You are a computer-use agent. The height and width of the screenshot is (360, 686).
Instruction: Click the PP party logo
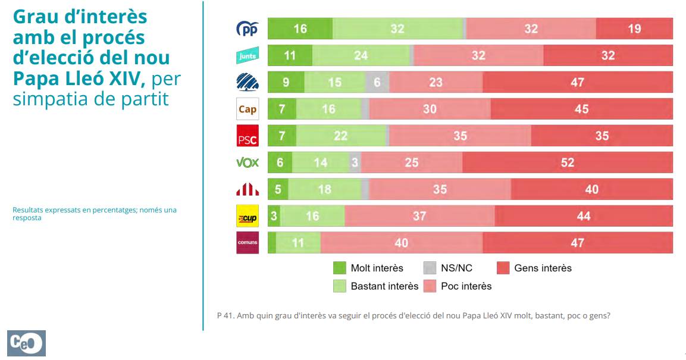(x=248, y=29)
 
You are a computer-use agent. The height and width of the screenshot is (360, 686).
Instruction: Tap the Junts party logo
(x=248, y=55)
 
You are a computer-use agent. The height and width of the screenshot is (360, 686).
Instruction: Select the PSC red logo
(x=248, y=136)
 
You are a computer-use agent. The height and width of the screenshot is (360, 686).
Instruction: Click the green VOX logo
(x=248, y=162)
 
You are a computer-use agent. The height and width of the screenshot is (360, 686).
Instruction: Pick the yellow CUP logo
(x=248, y=217)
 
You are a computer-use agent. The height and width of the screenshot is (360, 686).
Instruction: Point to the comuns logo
(x=248, y=243)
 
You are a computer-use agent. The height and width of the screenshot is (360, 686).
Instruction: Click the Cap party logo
(x=248, y=109)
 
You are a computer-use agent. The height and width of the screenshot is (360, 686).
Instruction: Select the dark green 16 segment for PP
(x=300, y=29)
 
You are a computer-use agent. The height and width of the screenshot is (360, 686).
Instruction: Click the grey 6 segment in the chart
(x=377, y=82)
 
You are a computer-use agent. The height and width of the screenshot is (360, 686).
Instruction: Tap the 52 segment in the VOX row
(x=567, y=162)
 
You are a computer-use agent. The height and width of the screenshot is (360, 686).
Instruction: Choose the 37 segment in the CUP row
(x=419, y=216)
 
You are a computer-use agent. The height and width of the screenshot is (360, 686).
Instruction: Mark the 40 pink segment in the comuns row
(x=402, y=243)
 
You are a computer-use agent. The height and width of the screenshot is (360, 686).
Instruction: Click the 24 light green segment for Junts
(x=361, y=55)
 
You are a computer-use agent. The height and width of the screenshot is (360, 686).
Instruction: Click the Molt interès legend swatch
(x=340, y=268)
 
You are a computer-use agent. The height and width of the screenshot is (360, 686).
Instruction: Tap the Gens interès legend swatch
(x=503, y=268)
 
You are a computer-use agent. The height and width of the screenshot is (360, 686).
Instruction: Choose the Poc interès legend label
(x=466, y=286)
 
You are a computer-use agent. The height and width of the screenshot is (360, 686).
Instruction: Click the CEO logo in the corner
(x=27, y=343)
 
